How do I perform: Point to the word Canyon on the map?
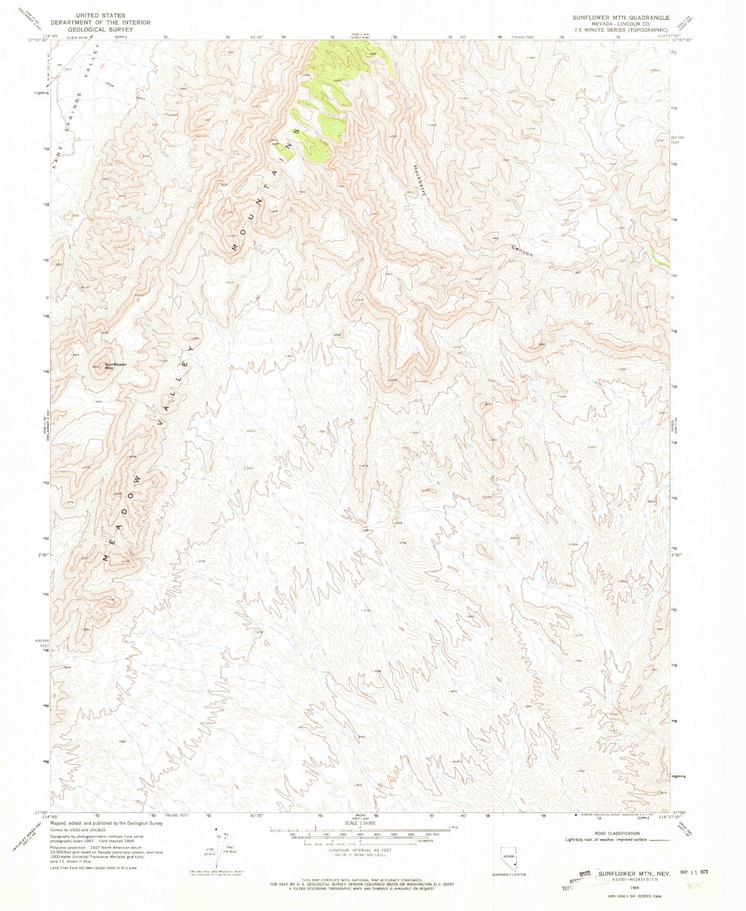pos(522,251)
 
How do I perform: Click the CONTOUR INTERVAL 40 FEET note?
pos(360,850)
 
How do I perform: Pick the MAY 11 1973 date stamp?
pos(693,871)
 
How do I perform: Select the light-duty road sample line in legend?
pos(659,839)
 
